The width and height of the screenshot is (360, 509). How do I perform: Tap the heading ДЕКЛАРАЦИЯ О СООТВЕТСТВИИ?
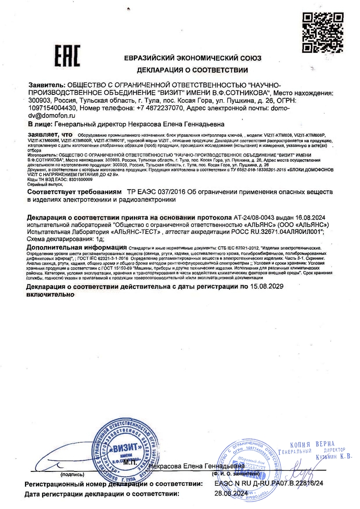click(x=192, y=70)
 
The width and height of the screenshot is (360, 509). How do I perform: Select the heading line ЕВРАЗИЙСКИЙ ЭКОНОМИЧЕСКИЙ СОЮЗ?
click(x=192, y=58)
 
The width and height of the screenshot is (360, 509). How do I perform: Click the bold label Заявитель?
click(x=46, y=85)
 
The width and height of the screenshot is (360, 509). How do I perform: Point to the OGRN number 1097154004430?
click(x=52, y=108)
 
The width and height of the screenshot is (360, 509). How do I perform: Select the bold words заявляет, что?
click(x=49, y=135)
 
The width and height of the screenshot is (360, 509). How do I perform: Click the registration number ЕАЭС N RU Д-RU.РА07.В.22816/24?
click(x=269, y=484)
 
